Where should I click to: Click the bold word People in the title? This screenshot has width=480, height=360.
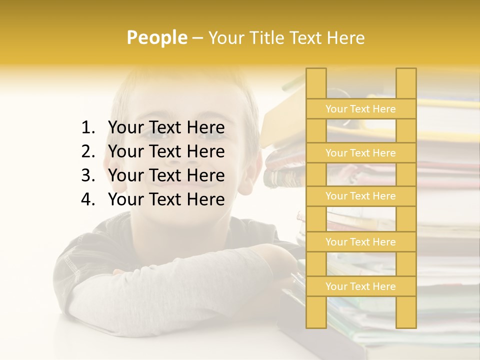pyautogui.click(x=157, y=37)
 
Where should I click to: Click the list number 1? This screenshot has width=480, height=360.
pyautogui.click(x=87, y=128)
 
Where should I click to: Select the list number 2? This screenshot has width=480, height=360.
pyautogui.click(x=87, y=151)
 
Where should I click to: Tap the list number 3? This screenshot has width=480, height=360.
pyautogui.click(x=87, y=175)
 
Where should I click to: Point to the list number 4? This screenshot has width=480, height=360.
pyautogui.click(x=87, y=199)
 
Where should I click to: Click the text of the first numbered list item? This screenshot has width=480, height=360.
pyautogui.click(x=166, y=128)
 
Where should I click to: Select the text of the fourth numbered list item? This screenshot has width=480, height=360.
pyautogui.click(x=166, y=199)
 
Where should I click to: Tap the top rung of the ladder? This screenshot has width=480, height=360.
pyautogui.click(x=360, y=109)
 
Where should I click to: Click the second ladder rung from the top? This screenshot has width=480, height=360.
pyautogui.click(x=360, y=153)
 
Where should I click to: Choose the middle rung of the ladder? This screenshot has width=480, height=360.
pyautogui.click(x=360, y=196)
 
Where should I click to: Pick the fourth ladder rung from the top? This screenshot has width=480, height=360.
pyautogui.click(x=360, y=242)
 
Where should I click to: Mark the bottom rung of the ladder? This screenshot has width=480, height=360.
pyautogui.click(x=360, y=286)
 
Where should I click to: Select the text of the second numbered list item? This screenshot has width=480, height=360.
pyautogui.click(x=166, y=151)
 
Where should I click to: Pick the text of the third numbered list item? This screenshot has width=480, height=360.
pyautogui.click(x=166, y=175)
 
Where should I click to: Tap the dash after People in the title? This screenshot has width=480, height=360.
pyautogui.click(x=197, y=38)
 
